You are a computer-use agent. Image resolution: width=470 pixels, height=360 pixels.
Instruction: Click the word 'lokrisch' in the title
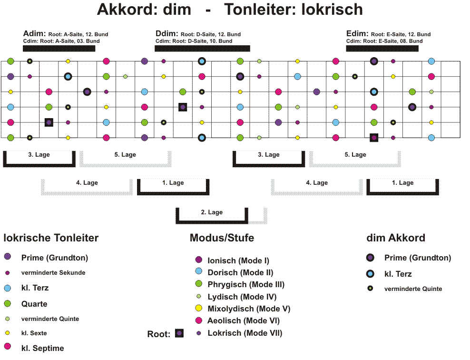coord(332,10)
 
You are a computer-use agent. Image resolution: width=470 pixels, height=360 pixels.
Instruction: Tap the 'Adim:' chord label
coord(34,33)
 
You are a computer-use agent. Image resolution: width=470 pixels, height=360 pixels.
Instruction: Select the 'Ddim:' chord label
coord(166,33)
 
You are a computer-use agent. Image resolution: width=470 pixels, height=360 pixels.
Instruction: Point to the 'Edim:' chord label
coord(357,33)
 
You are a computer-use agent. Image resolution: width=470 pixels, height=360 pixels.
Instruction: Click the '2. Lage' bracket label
coord(212,212)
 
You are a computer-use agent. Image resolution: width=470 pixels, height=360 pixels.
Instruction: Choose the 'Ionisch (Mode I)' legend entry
coord(238,260)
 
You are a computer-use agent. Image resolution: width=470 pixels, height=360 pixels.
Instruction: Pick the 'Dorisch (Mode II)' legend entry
coord(240,272)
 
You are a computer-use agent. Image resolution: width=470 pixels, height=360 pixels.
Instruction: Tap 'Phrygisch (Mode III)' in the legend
coord(246,284)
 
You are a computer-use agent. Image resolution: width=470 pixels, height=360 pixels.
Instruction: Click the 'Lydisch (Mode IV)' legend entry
coord(242,297)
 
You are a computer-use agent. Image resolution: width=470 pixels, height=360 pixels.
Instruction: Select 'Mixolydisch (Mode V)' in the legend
coord(249,309)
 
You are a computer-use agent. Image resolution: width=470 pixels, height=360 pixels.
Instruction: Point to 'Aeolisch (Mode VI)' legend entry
coord(244,320)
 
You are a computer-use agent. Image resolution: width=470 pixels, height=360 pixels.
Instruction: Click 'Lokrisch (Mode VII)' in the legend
coord(245,333)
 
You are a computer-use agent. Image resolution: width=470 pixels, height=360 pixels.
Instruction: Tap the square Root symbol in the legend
coord(179,333)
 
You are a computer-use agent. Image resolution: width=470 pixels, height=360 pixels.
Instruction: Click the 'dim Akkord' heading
coord(396,238)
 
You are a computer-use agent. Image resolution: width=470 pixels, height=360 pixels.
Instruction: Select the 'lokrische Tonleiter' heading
coord(51,238)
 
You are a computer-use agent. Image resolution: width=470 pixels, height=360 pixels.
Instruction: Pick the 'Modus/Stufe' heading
coord(222,238)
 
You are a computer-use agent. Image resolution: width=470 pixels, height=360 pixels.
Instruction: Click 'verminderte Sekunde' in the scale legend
coord(53,273)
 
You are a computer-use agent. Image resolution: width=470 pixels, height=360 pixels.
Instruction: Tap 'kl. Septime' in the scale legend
coord(42,348)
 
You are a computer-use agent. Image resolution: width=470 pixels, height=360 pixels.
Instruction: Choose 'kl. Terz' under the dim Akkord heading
coord(398,274)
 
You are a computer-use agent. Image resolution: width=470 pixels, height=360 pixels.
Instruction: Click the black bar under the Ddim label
coord(202,48)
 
